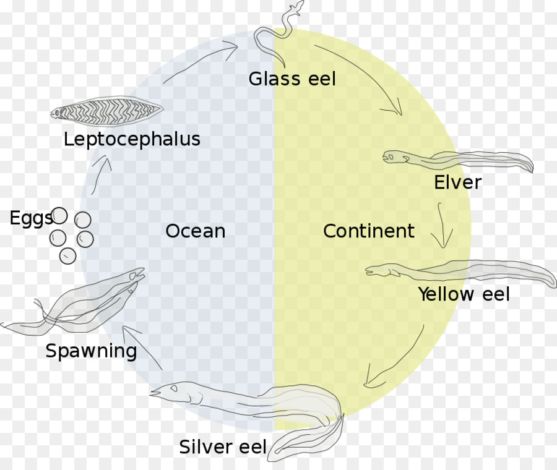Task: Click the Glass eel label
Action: [292, 79]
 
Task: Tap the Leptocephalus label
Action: [132, 139]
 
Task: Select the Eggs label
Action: [31, 218]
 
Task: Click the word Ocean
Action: [196, 231]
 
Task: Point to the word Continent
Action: [369, 231]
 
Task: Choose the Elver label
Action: [458, 182]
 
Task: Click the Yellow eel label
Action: [464, 294]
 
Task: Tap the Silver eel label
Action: [223, 446]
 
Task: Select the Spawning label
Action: [92, 351]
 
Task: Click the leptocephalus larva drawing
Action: [106, 111]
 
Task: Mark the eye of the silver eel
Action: [174, 388]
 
